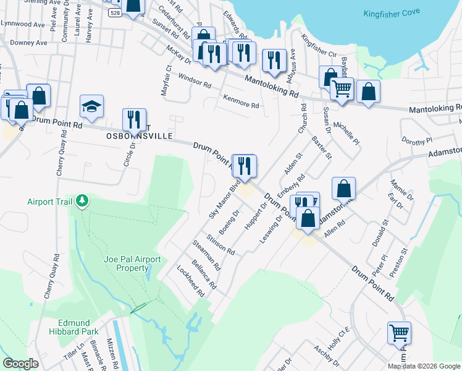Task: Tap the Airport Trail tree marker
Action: [x=81, y=201]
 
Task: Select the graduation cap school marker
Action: [x=91, y=106]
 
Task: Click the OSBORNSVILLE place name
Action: [x=139, y=135]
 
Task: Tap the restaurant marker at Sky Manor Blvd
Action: [x=244, y=166]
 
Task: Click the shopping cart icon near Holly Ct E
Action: [x=399, y=333]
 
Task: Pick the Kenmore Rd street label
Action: [x=241, y=102]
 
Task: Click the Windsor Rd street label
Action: [x=194, y=80]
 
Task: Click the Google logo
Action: [x=20, y=363]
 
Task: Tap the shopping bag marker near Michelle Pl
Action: [x=368, y=92]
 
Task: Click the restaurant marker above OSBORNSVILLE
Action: [x=134, y=119]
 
